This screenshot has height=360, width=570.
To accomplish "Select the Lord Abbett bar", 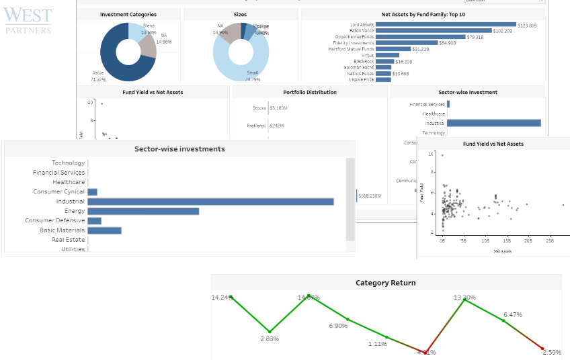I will pos(446,24).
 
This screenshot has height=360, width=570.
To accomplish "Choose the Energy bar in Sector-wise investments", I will pos(143,211).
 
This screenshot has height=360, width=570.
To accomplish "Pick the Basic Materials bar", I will pos(104,230).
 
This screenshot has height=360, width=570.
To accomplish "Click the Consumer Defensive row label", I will pos(55,220).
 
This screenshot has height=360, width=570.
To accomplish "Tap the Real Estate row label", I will pos(69,240).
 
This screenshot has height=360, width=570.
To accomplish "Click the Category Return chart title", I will pos(385,283).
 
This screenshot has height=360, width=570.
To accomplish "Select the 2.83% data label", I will pos(270,339).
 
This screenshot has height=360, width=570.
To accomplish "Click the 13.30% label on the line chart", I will pos(464,298).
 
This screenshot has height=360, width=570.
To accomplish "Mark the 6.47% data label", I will pos(513,314).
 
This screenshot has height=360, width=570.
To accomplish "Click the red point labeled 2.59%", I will pos(542,348).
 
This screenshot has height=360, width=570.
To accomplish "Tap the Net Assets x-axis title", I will pos(502,251).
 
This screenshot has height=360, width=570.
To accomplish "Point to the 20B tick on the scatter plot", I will pos(528,240).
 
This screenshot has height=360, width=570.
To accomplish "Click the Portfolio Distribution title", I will pos(310,92).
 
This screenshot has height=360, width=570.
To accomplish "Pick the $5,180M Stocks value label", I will pos(278,107).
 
